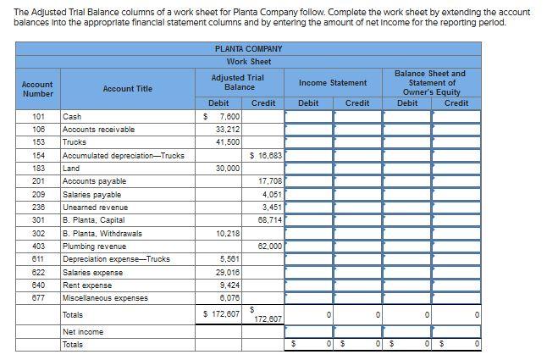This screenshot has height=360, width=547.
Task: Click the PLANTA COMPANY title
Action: point(248,49)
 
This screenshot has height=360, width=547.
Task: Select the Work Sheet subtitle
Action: point(248,62)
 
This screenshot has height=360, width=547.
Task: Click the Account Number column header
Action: point(37,88)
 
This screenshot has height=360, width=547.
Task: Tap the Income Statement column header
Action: point(333,82)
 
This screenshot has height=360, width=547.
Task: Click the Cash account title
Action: point(71,116)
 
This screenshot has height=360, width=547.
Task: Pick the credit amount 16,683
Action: point(268,155)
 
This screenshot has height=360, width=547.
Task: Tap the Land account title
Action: point(72,168)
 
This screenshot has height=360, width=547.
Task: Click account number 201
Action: point(37,180)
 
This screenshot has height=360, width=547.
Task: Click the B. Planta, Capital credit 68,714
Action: point(268,219)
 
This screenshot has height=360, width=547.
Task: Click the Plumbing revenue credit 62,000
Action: point(268,246)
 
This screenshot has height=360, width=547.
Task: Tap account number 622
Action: point(37,272)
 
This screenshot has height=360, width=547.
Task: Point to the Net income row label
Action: point(83,332)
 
